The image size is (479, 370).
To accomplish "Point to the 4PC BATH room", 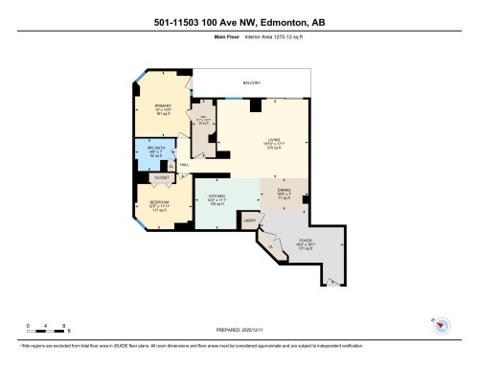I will tap(155, 150).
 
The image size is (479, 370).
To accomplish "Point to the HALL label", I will tap(184, 165).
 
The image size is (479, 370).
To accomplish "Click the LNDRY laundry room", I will tap(249, 220).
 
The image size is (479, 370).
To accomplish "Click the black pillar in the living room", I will tap(254, 104).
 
